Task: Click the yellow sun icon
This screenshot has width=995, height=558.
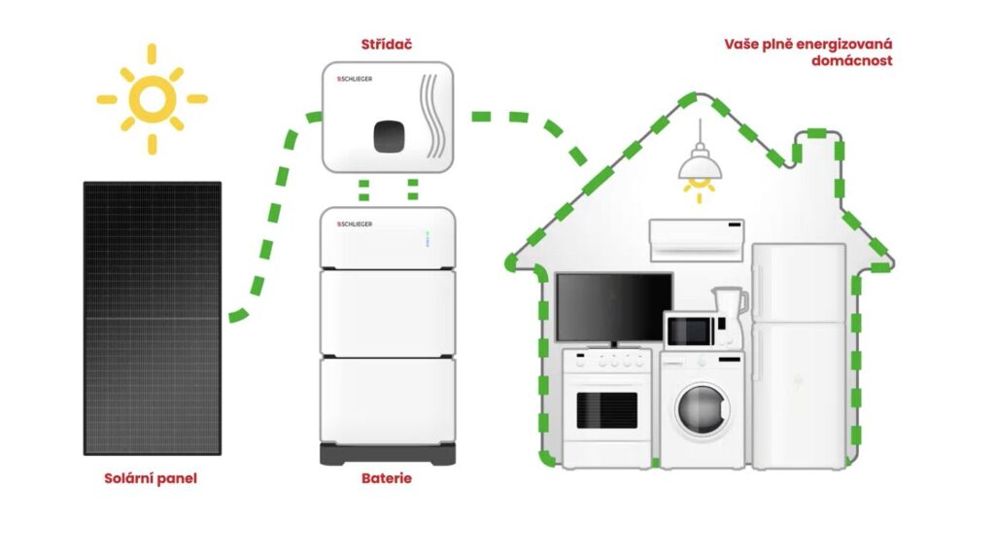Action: [152, 98]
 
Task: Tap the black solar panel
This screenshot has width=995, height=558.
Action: [152, 318]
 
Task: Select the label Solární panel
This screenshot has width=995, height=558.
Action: [151, 478]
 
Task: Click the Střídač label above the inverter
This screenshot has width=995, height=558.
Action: [386, 45]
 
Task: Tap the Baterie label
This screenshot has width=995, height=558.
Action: [387, 478]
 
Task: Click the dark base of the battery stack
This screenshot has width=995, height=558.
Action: [387, 455]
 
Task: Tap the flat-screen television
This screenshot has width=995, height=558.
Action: [614, 307]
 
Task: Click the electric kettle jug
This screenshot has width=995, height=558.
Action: [730, 313]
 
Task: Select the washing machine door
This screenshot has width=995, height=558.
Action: [700, 408]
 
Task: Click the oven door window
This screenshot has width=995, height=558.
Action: [606, 410]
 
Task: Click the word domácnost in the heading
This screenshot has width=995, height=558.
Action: [851, 61]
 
